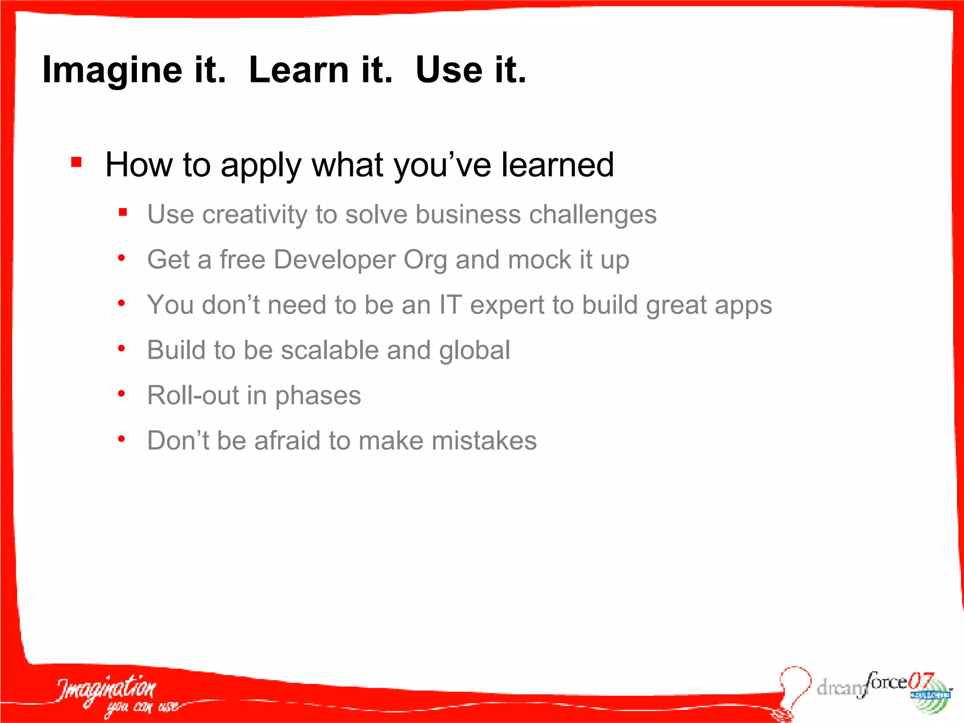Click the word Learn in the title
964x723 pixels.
[299, 70]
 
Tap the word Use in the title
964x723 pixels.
[449, 70]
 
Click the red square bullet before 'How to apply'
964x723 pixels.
[77, 162]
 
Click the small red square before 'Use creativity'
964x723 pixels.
[123, 212]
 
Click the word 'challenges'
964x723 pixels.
[593, 215]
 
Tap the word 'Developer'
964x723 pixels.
[335, 260]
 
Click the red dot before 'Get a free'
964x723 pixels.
[121, 258]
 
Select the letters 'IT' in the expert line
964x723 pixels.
[450, 305]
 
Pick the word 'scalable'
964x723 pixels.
[329, 350]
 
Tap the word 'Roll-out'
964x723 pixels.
[193, 395]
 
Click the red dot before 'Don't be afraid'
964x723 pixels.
[121, 439]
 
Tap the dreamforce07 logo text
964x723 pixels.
[871, 685]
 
